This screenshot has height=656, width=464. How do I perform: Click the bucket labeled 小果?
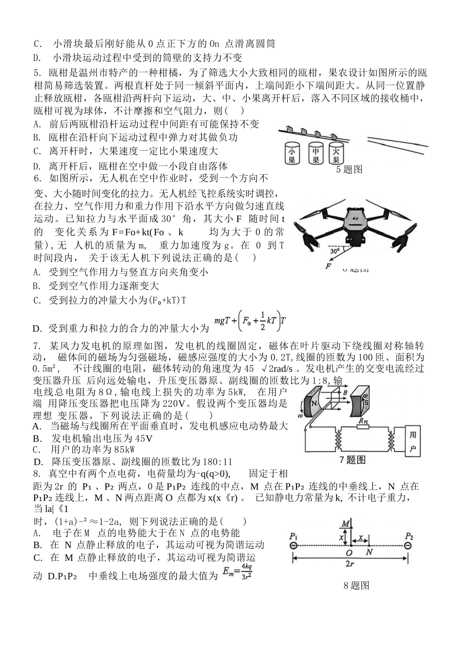point(292,154)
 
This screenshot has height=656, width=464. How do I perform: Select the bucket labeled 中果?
point(316,154)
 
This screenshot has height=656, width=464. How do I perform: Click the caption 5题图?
point(349,169)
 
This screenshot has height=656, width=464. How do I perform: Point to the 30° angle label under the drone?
point(334,252)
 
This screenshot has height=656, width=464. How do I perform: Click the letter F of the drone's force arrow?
point(328,266)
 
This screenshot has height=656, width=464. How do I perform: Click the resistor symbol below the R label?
point(362,426)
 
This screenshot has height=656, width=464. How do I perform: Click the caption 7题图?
point(352,459)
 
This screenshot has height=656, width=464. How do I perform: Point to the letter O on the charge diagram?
point(348,553)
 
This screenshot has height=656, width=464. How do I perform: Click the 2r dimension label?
point(349,564)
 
